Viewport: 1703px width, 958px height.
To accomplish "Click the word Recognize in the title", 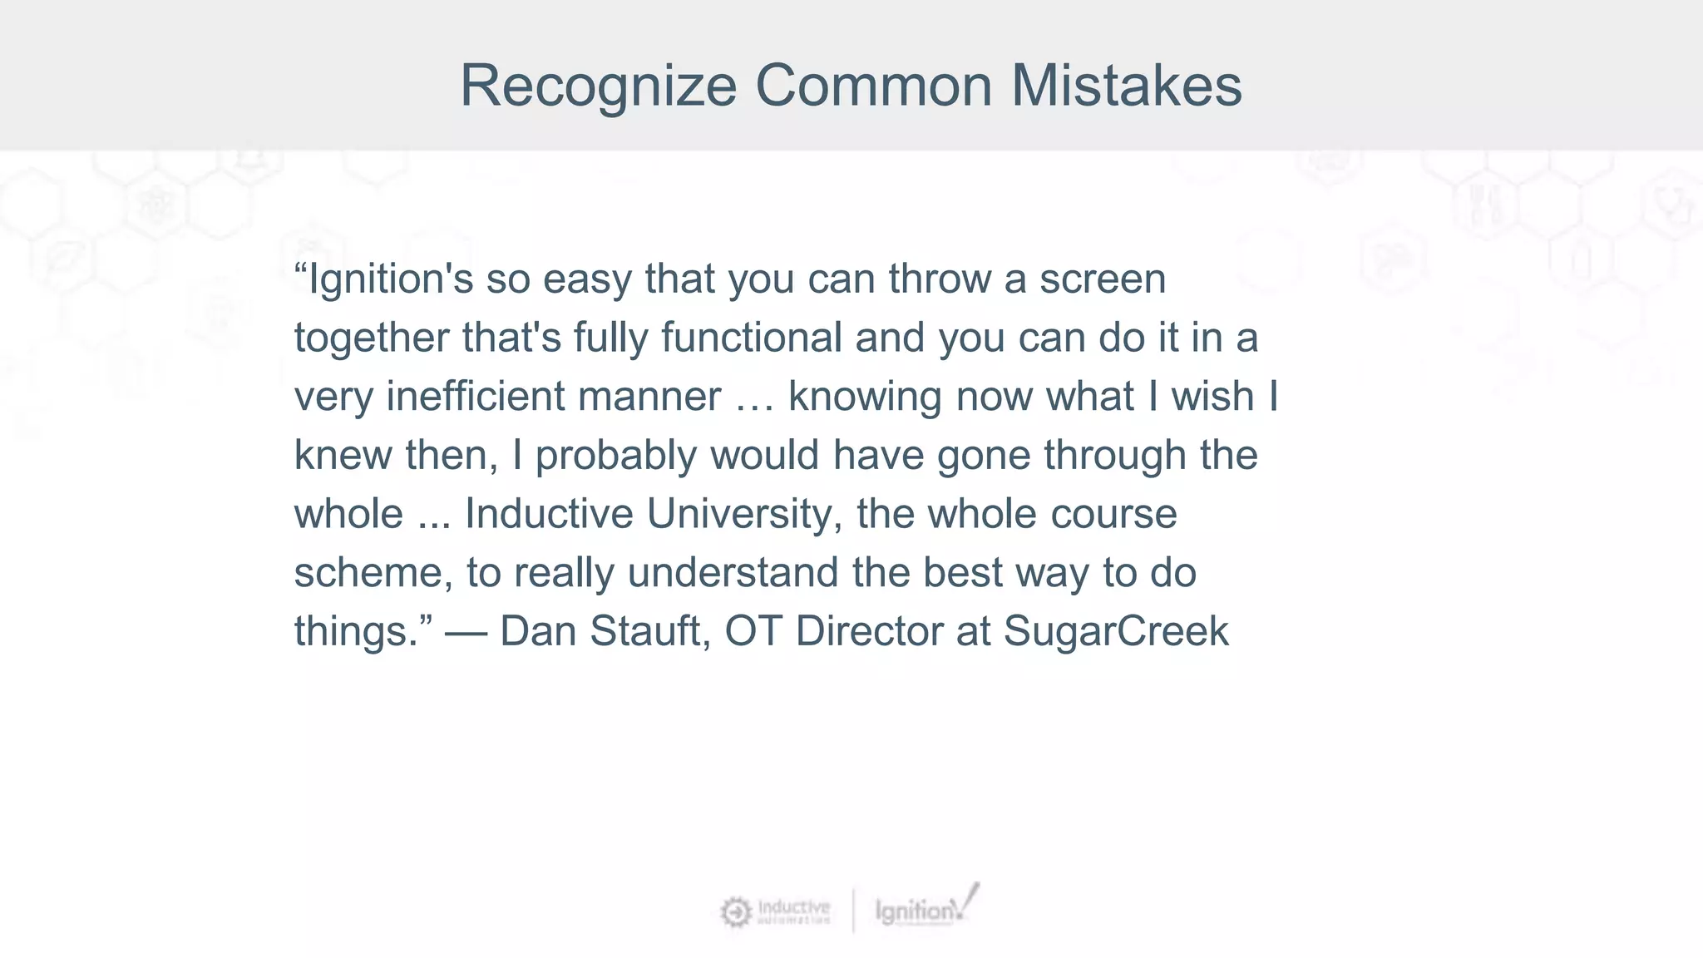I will pos(598,86).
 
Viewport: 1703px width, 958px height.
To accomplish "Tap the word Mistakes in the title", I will pos(1126,86).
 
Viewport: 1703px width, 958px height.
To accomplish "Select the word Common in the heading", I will pos(873,86).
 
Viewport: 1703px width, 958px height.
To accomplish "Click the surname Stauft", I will pos(650,631).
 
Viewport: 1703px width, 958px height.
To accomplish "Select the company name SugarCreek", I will pos(1116,631).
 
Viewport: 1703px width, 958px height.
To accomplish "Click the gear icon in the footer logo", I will pos(735,912).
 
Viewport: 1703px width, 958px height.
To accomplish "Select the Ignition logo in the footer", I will pos(923,909).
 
